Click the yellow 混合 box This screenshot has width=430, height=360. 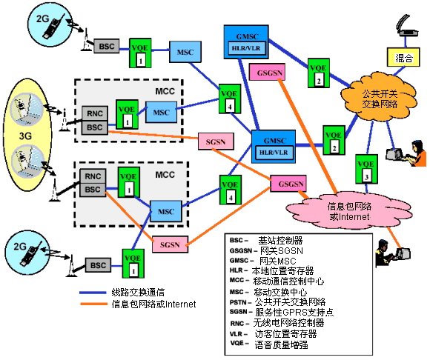[x=403, y=57]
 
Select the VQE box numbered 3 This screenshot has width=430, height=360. [x=366, y=169]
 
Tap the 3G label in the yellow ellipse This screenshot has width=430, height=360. [x=25, y=136]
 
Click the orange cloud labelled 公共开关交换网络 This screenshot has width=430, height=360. [x=380, y=97]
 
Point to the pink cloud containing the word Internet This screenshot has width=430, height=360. [x=349, y=211]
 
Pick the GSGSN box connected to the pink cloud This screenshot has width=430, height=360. [x=288, y=184]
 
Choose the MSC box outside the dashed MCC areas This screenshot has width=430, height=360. [x=185, y=52]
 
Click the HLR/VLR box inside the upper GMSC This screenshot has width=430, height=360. [x=246, y=48]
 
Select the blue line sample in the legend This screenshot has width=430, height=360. [x=93, y=293]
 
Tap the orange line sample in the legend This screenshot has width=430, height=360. [x=93, y=304]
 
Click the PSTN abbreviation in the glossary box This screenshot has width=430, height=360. [x=238, y=302]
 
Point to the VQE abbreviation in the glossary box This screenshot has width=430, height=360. [x=237, y=343]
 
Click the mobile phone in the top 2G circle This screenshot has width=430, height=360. [x=53, y=26]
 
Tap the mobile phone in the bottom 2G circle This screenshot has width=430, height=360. [x=30, y=253]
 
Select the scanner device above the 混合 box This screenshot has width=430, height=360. [x=406, y=25]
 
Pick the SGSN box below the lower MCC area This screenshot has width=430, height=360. [x=170, y=244]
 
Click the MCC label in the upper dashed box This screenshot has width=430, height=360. [x=165, y=91]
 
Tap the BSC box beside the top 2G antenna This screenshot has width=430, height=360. [x=107, y=46]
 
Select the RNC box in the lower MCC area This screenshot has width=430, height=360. [x=93, y=176]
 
